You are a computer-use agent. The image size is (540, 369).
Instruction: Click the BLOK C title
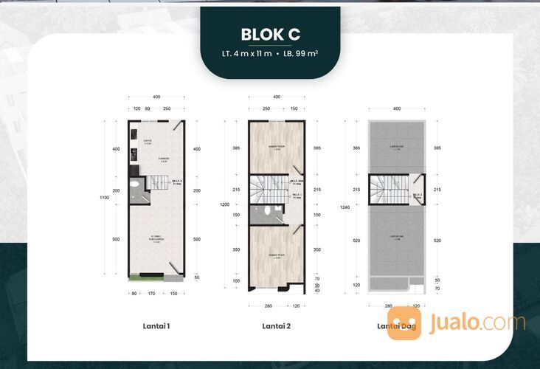270,34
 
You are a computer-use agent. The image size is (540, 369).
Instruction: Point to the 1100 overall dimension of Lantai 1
106,197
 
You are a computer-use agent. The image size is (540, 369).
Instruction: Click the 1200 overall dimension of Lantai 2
224,205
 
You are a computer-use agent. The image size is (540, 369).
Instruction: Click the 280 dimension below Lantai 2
269,306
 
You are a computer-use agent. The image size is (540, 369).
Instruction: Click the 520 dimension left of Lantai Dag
357,241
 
